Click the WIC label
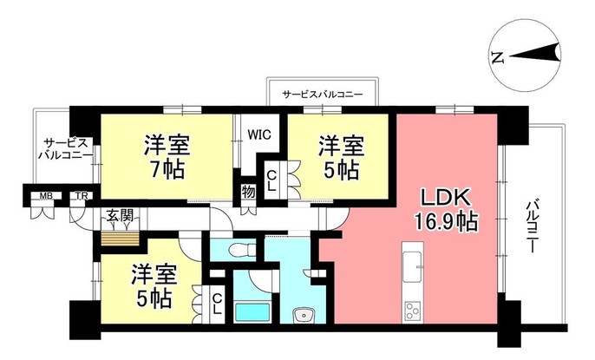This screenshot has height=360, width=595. click(x=260, y=134)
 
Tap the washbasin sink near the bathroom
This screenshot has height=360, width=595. click(x=303, y=315)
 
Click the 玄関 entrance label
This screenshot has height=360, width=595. click(x=120, y=213)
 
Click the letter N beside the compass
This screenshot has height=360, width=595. click(x=497, y=58)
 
